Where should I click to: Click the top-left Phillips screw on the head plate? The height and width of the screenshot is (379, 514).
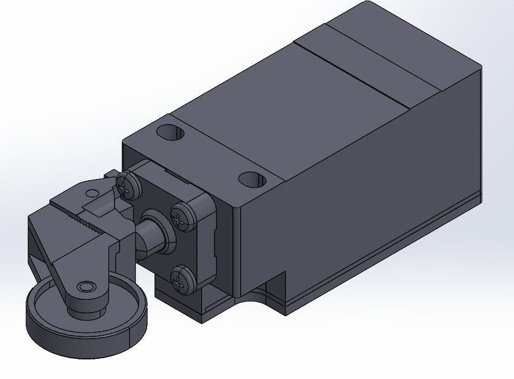coord(127,186)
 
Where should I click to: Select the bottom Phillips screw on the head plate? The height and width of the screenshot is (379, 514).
coord(182,278)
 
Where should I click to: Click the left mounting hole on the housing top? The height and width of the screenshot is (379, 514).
coord(172,132)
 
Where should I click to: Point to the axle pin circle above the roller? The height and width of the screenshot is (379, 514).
coord(88,287)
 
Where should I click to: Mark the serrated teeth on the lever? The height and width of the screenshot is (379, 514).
coord(83,223)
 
